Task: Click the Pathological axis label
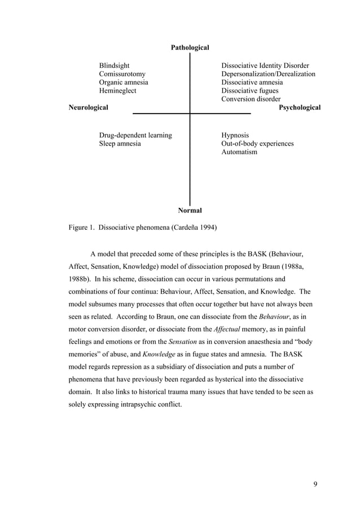coord(190,48)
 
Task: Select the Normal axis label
coord(190,211)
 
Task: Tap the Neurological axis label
coord(88,107)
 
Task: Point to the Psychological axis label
coord(300,107)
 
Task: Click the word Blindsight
coord(115,66)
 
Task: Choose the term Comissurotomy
coord(122,74)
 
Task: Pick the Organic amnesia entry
coord(124,82)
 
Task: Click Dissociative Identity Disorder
coord(265,66)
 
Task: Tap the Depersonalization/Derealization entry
coord(268,74)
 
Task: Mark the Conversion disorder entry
coord(251,99)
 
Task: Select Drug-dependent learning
coord(135,136)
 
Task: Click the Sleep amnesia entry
coord(120,144)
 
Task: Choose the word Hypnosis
coord(235,136)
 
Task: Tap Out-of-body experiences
coord(257,144)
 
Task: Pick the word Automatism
coord(239,152)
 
